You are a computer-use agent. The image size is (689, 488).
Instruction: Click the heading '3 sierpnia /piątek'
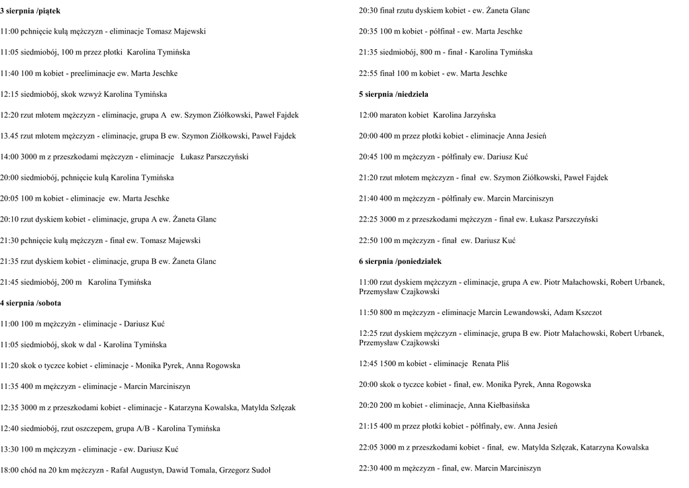click(30, 11)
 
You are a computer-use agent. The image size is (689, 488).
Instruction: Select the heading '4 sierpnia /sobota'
click(30, 303)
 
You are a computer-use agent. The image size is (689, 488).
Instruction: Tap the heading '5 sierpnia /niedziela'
click(394, 94)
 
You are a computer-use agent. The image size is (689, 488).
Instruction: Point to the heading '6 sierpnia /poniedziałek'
click(400, 260)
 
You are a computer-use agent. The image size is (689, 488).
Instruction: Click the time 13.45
click(10, 136)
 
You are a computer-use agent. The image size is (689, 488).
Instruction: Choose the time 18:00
click(10, 470)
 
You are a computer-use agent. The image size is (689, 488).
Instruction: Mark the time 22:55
click(369, 73)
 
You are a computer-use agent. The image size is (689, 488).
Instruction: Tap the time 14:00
click(10, 157)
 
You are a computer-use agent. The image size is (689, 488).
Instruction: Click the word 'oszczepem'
click(88, 428)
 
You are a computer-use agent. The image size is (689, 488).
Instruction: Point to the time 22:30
click(369, 468)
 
